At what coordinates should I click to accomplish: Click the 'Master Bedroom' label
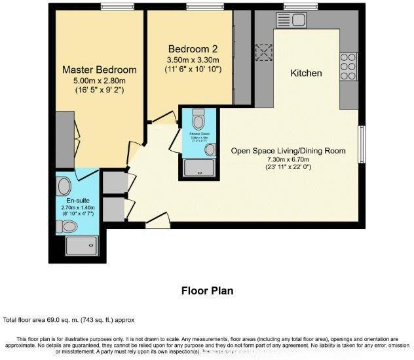(x=99, y=70)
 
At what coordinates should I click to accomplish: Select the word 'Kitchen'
(x=306, y=73)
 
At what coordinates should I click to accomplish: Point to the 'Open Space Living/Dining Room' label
(x=288, y=151)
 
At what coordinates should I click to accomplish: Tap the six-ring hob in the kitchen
(x=348, y=66)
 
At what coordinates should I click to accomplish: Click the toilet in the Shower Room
(x=199, y=120)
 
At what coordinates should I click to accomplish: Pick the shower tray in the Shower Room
(x=199, y=169)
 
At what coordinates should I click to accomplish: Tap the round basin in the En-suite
(x=63, y=183)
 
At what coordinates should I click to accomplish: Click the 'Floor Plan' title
(x=206, y=290)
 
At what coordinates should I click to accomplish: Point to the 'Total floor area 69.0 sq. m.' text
(x=69, y=320)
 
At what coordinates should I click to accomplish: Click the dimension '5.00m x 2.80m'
(x=99, y=81)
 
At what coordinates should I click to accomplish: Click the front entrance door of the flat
(x=157, y=222)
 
